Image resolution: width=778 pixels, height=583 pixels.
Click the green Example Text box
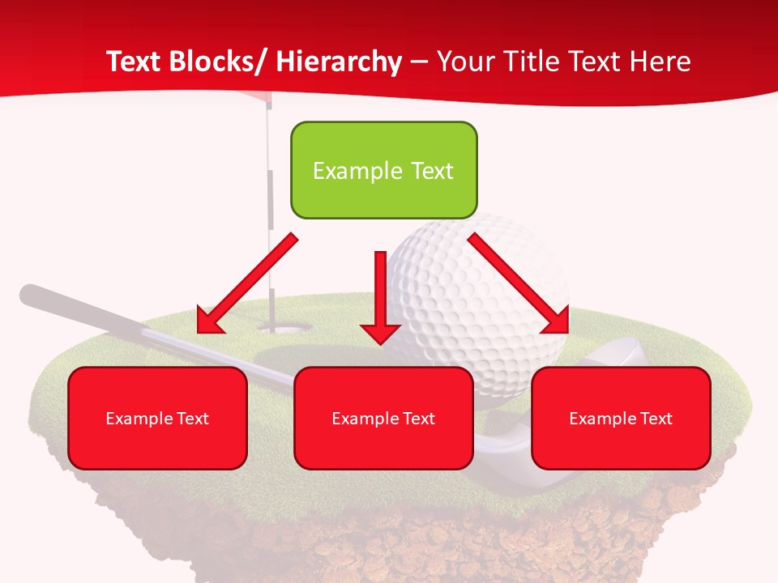pyautogui.click(x=383, y=170)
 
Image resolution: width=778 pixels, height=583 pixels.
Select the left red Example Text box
pyautogui.click(x=157, y=418)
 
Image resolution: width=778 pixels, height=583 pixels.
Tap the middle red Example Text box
pyautogui.click(x=383, y=418)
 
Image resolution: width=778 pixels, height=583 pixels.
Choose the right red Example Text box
pyautogui.click(x=621, y=418)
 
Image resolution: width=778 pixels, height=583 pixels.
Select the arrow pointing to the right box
pyautogui.click(x=519, y=283)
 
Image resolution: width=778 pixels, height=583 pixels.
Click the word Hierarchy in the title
pyautogui.click(x=338, y=62)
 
